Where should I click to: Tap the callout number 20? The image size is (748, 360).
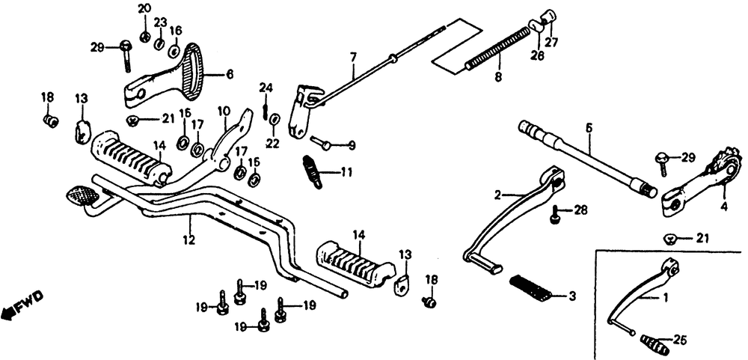click(x=144, y=8)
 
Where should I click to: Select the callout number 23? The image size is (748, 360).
click(x=160, y=22)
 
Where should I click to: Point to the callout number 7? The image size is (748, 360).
click(x=353, y=58)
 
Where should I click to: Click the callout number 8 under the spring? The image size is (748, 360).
click(x=498, y=76)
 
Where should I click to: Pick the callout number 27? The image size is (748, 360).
click(x=551, y=42)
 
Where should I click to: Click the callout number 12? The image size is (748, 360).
click(x=189, y=240)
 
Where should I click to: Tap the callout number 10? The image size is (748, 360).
click(x=224, y=112)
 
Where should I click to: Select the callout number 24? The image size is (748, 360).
click(x=266, y=88)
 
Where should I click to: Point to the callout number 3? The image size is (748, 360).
click(x=571, y=296)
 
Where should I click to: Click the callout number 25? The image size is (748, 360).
click(x=679, y=341)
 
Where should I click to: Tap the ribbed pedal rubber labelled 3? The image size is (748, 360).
click(x=530, y=288)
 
